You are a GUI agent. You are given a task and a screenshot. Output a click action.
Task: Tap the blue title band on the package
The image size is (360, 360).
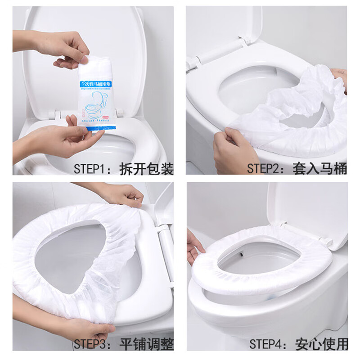point(100,85)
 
